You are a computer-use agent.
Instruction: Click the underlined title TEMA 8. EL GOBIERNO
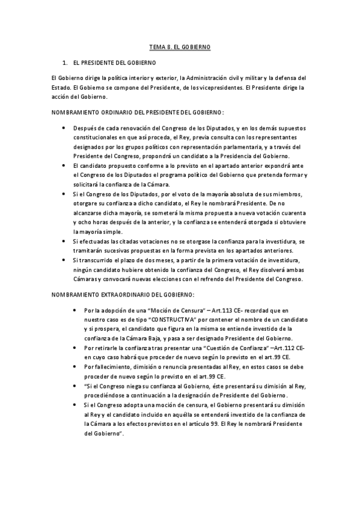180,46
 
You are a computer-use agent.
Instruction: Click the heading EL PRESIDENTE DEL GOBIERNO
114,63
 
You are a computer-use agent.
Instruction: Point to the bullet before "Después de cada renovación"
64,129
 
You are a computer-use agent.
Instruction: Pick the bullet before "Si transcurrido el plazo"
64,260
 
